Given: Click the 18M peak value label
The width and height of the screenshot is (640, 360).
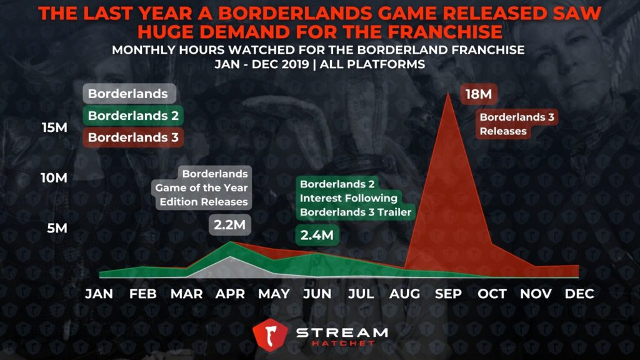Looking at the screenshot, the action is pyautogui.click(x=479, y=94).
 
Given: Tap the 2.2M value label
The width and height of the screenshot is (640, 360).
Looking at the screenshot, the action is pyautogui.click(x=230, y=224).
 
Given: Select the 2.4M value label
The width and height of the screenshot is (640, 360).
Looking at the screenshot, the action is pyautogui.click(x=317, y=235).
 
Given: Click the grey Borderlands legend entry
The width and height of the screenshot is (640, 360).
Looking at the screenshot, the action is pyautogui.click(x=129, y=94).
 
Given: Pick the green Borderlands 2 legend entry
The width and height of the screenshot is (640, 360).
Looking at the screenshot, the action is pyautogui.click(x=133, y=116).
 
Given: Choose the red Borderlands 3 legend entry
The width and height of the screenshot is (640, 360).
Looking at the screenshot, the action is pyautogui.click(x=133, y=137).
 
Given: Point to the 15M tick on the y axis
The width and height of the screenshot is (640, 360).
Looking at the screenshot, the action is pyautogui.click(x=54, y=127).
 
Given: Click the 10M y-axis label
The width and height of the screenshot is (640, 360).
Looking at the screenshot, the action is pyautogui.click(x=54, y=178).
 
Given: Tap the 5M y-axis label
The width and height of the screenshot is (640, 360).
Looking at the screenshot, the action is pyautogui.click(x=57, y=228).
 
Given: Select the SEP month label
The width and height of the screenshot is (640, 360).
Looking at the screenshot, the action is pyautogui.click(x=448, y=294).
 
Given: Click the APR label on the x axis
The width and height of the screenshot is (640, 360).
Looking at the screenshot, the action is pyautogui.click(x=230, y=294).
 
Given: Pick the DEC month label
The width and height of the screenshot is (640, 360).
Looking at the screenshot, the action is pyautogui.click(x=579, y=294).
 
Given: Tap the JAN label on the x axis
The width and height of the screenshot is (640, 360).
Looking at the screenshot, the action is pyautogui.click(x=99, y=294).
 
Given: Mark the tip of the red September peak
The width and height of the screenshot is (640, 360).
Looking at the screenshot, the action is pyautogui.click(x=448, y=93).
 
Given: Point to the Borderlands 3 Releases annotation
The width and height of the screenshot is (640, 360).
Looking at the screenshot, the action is pyautogui.click(x=517, y=124).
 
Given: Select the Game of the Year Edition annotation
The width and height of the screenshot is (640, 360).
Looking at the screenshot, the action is pyautogui.click(x=201, y=187).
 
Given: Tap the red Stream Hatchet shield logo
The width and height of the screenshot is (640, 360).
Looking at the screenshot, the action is pyautogui.click(x=270, y=335).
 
